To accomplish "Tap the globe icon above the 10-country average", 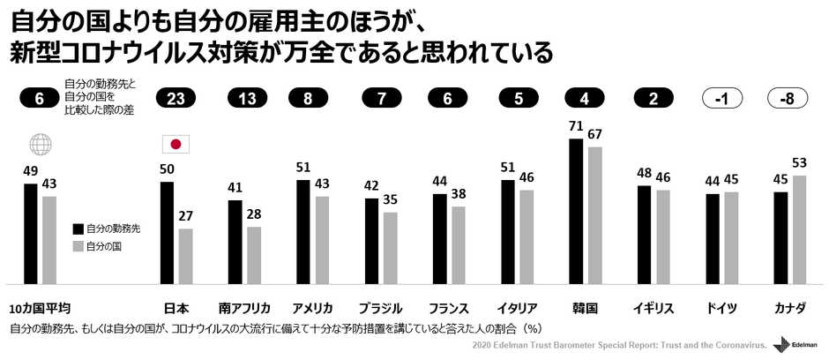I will [x=40, y=145].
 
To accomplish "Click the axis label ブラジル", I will [x=381, y=309].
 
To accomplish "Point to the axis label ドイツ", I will [x=722, y=309].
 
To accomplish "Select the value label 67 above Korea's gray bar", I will [x=595, y=134].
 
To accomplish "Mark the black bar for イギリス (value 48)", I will [x=644, y=235].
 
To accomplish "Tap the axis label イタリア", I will [x=518, y=309].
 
